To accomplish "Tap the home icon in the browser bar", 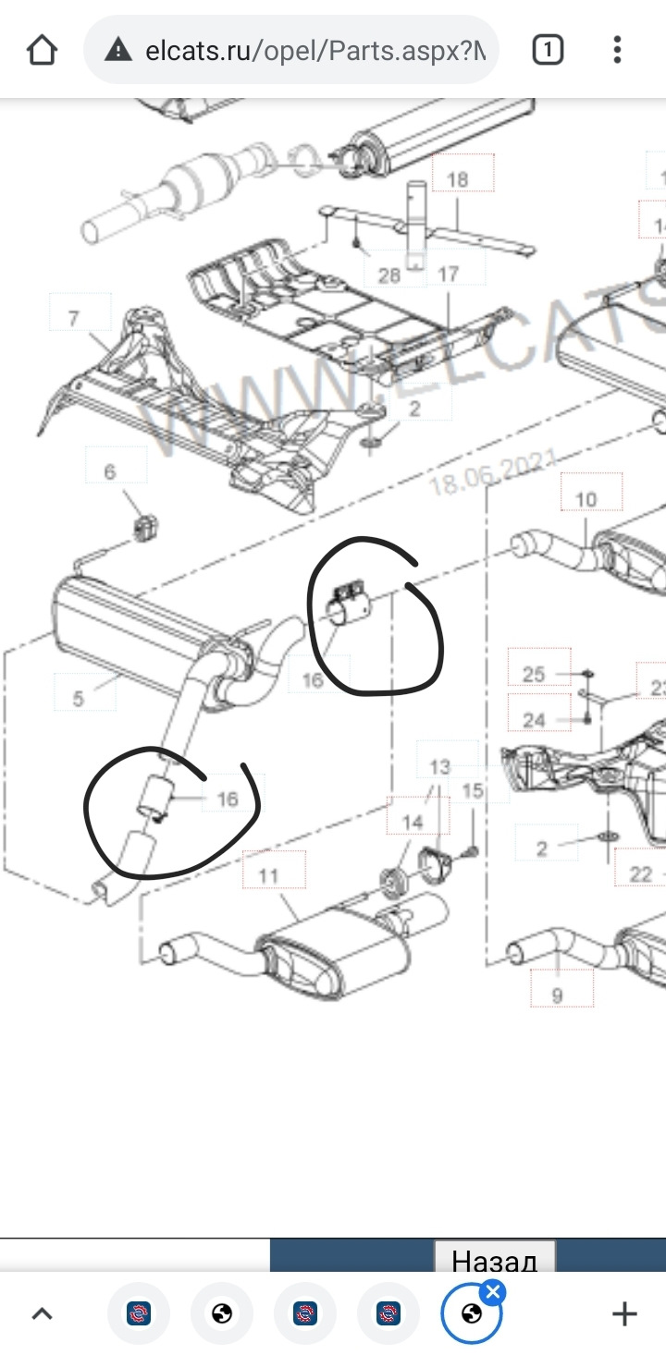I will coord(42,50).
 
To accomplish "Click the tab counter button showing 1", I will coord(548,50).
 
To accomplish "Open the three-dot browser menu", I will coord(617,50).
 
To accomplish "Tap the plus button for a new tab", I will coord(625,1312).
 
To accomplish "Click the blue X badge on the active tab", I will coord(492,1291).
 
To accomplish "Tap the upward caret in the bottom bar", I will coord(43,1313).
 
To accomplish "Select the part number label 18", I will coord(458,178).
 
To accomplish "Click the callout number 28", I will coord(388,275).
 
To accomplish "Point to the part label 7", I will coord(74,319).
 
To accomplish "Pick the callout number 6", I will coord(110,471).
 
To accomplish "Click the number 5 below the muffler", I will coord(78,698).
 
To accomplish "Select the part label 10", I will coord(586,500).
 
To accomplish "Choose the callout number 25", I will coord(534,674).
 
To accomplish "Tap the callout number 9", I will coord(557,995).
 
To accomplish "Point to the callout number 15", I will coord(472,790).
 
